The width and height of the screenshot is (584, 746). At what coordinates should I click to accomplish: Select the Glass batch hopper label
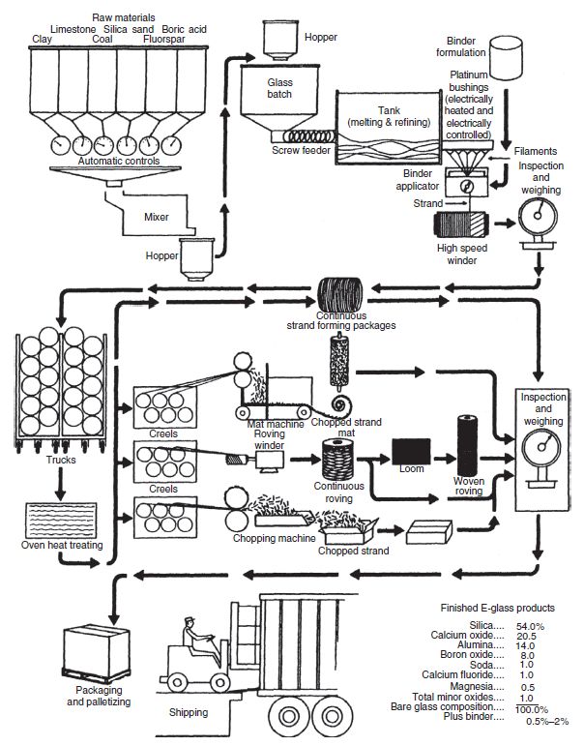click(279, 89)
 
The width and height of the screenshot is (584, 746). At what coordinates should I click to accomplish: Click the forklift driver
click(199, 641)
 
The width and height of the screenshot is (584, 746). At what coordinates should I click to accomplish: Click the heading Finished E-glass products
click(497, 609)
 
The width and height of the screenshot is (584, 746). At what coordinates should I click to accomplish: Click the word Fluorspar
click(164, 40)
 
